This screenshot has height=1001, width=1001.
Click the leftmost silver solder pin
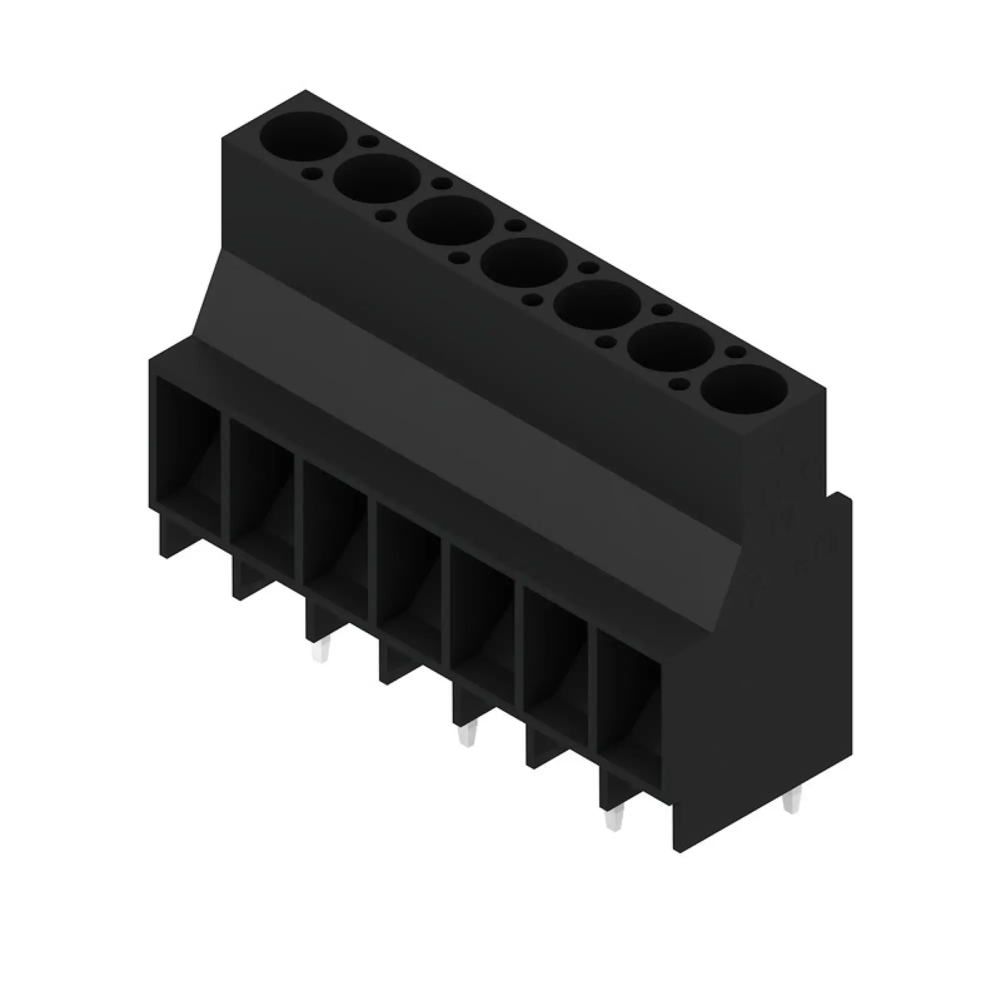pyautogui.click(x=320, y=651)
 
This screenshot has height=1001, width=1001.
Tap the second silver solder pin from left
pyautogui.click(x=467, y=736)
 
